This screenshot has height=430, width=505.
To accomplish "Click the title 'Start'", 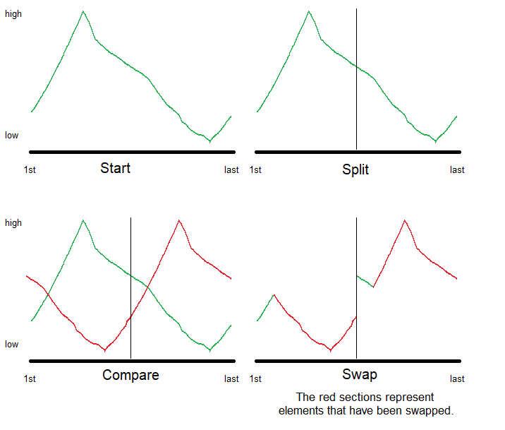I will point(115,168).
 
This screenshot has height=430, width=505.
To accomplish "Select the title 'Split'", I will point(355,169).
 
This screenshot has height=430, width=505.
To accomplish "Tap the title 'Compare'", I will point(130,375).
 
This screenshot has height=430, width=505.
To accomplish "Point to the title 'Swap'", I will point(359,374).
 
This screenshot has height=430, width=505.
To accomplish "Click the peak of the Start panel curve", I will point(83,11).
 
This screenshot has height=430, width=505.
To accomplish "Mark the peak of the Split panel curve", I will point(309,11).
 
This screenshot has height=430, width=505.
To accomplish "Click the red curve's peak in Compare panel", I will point(179,220).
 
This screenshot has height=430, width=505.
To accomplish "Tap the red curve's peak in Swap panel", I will point(405,220).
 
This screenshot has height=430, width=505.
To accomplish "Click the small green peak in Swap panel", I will point(274,294).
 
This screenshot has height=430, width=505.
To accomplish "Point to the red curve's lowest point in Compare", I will point(104,350).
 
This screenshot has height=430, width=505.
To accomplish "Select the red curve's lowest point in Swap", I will point(330,350).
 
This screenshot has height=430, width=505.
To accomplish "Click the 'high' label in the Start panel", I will point(13,13).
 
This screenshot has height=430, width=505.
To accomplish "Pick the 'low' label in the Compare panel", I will point(12,345).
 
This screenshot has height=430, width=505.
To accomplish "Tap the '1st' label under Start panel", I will point(30,169).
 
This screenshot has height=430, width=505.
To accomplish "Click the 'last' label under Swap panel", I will point(457,378).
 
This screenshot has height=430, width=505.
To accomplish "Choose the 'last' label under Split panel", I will point(457,169).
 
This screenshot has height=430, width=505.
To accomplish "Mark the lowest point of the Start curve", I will point(209,141).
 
